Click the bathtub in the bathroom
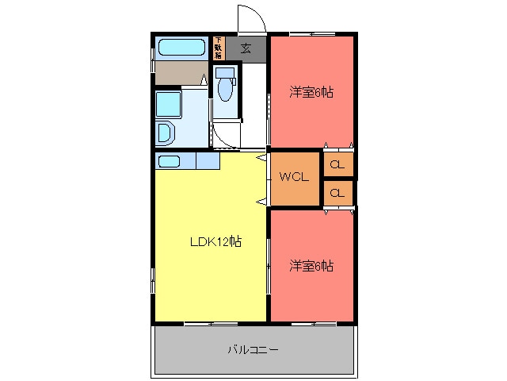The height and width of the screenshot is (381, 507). tap(181, 47)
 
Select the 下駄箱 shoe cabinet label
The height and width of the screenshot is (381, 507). tap(218, 48)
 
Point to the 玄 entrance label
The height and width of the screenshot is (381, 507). tap(246, 48)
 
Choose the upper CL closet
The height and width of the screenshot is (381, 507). tap(337, 165)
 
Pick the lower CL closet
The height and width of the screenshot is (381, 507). tap(337, 193)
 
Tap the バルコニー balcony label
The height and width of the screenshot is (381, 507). tap(253, 349)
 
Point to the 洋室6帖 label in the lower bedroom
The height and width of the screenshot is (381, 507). tap(311, 265)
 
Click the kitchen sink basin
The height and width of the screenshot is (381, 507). tap(170, 161)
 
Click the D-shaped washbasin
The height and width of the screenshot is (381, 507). tap(166, 133)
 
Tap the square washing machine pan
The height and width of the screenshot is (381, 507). tap(169, 103)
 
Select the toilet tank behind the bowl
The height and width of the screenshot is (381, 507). tap(224, 74)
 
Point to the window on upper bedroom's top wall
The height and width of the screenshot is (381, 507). tap(311, 33)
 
